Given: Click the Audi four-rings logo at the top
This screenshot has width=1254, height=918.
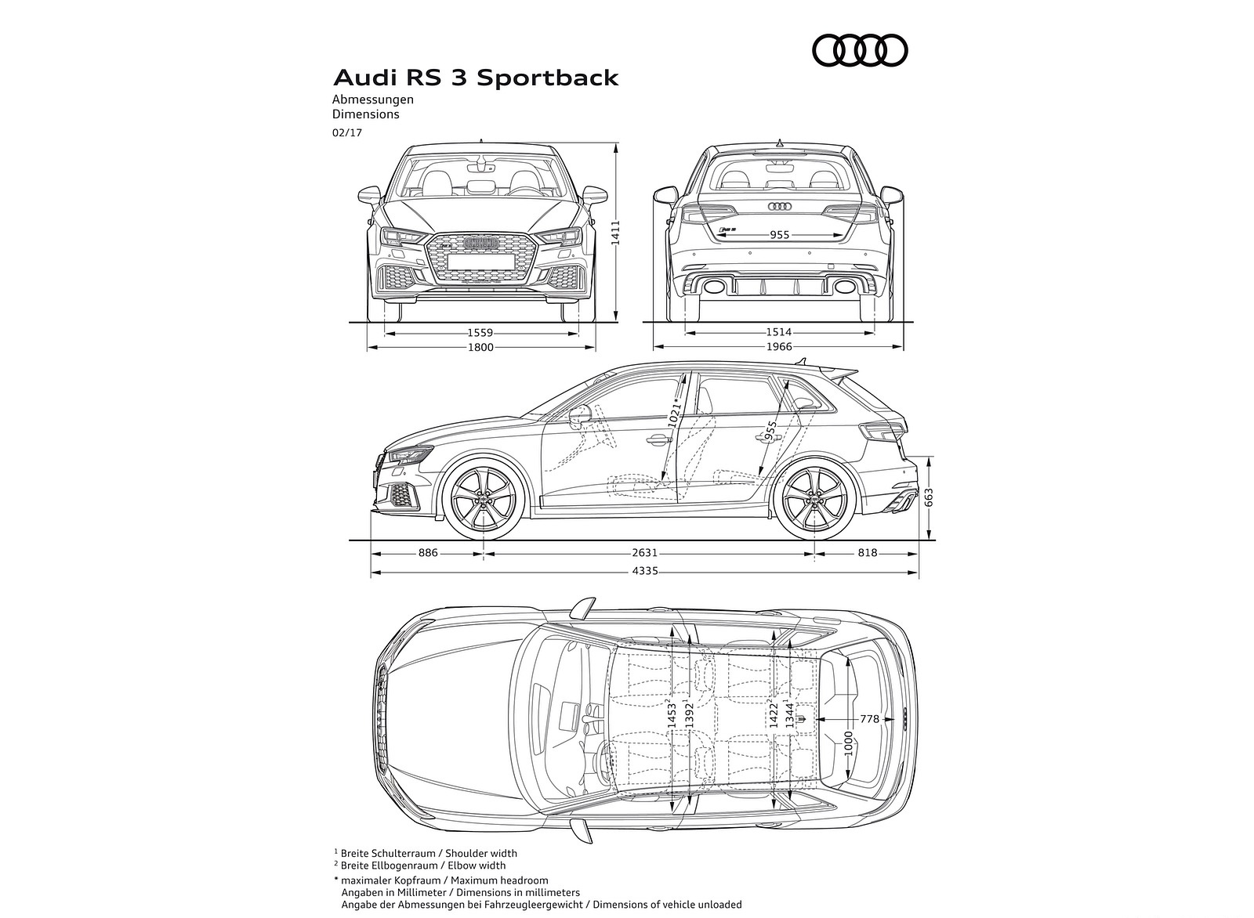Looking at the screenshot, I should point(860,52).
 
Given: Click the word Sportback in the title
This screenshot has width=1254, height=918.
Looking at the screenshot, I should point(548,78).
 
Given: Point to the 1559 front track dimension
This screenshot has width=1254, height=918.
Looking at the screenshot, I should point(480,333).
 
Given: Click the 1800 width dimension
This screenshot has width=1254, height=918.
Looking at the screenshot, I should point(480,347).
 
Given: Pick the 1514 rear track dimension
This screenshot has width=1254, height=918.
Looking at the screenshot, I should point(779,333).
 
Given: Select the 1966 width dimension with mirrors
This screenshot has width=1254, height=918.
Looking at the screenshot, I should point(779,347).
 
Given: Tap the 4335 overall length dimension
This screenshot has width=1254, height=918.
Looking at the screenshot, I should point(645,571).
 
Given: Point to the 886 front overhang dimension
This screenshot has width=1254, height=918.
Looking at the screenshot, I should point(428,553).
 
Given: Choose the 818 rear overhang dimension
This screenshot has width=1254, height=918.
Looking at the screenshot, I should point(867,553).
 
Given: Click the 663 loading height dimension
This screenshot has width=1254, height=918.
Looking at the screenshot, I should point(929,498).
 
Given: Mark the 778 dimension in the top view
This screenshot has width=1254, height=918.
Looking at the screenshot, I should point(869,718).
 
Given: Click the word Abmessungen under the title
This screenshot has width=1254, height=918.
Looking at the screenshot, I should point(372,99).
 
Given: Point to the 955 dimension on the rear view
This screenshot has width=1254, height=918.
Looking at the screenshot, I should point(779,235).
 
